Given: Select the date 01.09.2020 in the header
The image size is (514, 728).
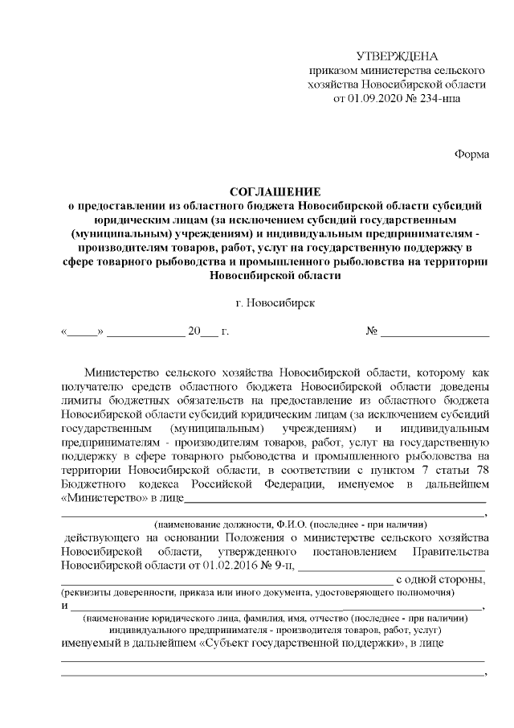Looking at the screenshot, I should (377, 99).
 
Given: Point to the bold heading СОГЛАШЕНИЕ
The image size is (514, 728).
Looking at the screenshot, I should (275, 191).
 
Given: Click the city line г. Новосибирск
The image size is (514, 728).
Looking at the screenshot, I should (275, 303).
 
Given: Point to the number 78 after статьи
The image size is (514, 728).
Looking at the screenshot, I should (480, 470).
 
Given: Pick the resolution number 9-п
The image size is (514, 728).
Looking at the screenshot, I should (280, 565).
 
